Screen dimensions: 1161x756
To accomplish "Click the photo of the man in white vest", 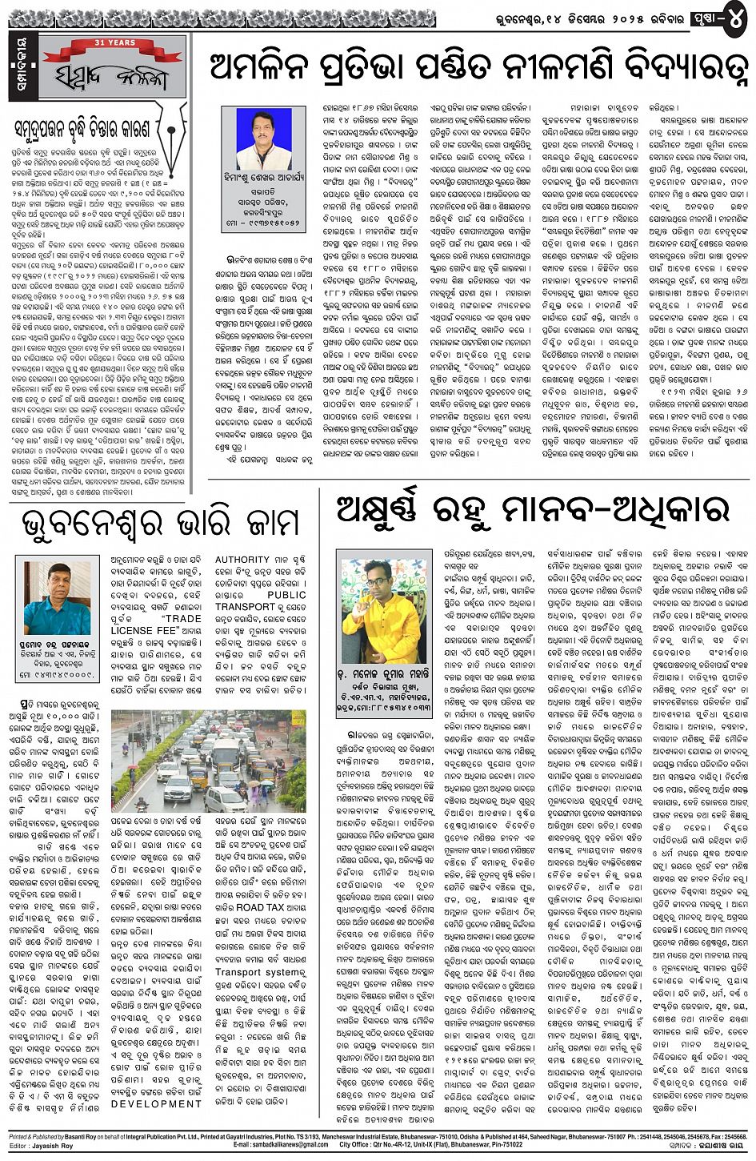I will [264, 139].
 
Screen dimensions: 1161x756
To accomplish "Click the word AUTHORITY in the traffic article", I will [242, 560].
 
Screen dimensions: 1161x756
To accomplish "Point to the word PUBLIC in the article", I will [286, 596].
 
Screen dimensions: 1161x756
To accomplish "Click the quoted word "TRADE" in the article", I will [182, 619].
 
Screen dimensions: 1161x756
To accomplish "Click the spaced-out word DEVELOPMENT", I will [156, 1104].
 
